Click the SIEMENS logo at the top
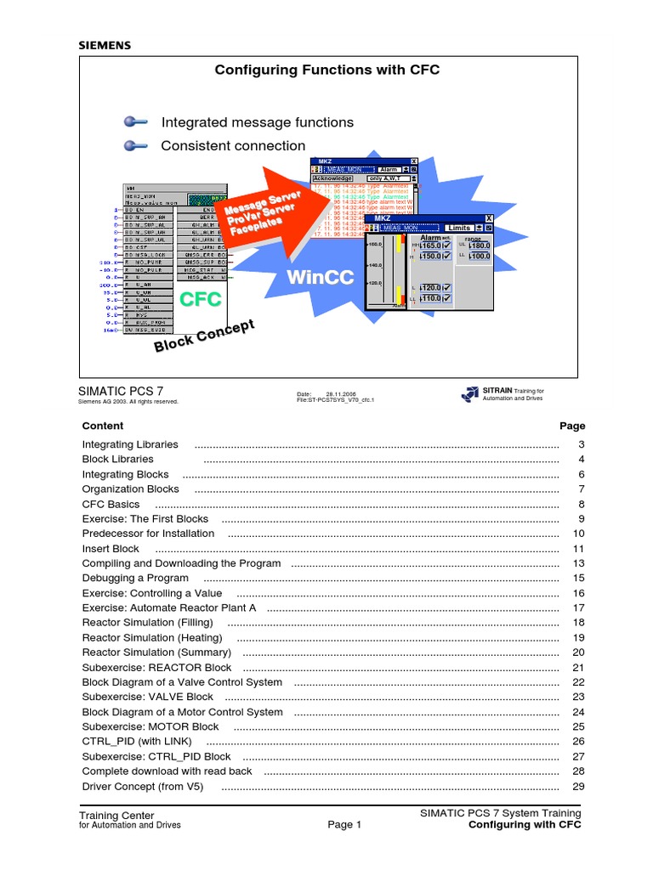[x=105, y=46]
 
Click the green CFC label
[x=201, y=298]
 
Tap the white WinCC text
[x=320, y=278]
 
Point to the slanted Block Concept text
[x=204, y=336]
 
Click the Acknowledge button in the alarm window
[x=332, y=179]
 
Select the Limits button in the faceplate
[x=459, y=228]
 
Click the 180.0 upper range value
[x=479, y=246]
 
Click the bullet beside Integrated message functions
[x=133, y=122]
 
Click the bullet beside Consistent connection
[x=133, y=146]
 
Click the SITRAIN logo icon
[x=469, y=393]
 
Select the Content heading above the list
[x=103, y=426]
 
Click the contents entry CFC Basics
[x=111, y=504]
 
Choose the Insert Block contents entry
[x=111, y=549]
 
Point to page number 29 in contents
[x=579, y=787]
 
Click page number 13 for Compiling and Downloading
[x=579, y=563]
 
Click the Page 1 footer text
[x=344, y=824]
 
